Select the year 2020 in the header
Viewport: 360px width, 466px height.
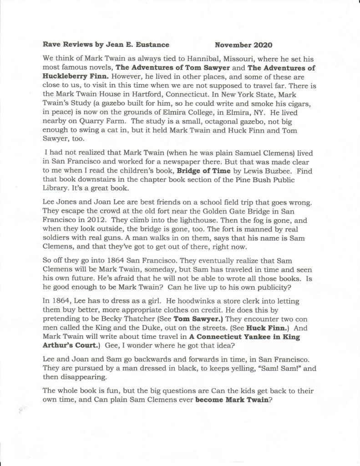[263, 45]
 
